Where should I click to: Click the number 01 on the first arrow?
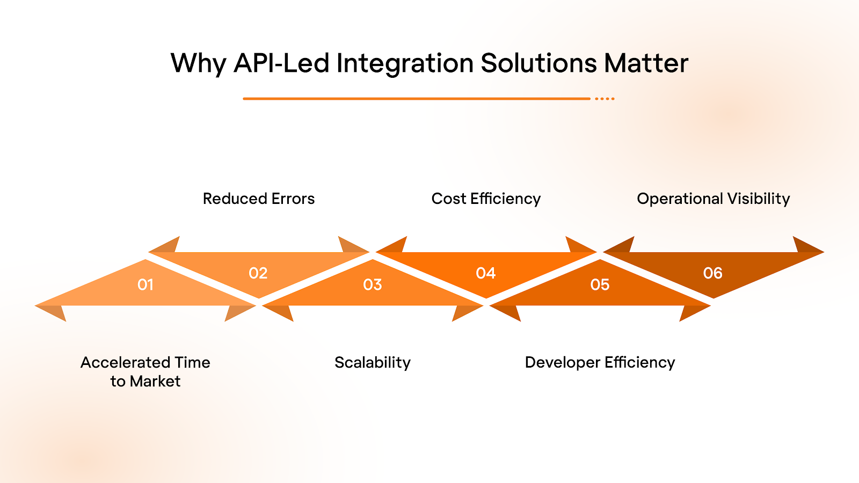tap(145, 284)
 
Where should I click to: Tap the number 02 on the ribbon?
tap(258, 273)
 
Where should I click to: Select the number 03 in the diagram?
tap(373, 284)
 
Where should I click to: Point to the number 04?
tap(486, 273)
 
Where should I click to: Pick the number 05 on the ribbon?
tap(600, 284)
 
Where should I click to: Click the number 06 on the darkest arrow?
tap(713, 273)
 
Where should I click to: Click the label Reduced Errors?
tap(259, 199)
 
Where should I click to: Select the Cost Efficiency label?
tap(486, 199)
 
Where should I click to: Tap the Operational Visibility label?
tap(713, 199)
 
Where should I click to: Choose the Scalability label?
tap(373, 363)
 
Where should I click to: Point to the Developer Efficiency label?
tap(600, 363)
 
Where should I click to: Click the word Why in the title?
tap(198, 64)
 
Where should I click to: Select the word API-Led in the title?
tap(282, 63)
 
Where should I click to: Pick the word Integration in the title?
tap(405, 64)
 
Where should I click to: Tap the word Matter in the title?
tap(646, 63)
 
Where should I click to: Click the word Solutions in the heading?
tap(538, 63)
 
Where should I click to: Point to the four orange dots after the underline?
tap(605, 99)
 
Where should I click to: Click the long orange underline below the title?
tap(416, 99)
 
